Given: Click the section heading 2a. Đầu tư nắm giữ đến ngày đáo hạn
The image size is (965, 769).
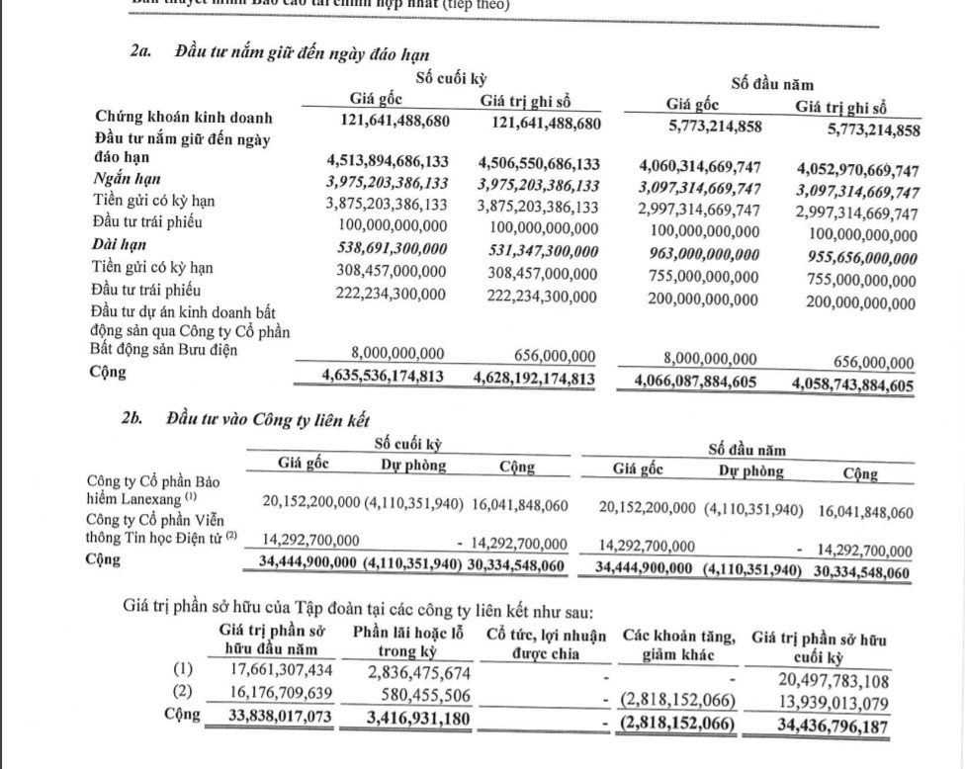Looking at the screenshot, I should coord(280,51).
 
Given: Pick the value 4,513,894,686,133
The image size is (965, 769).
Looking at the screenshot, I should coord(387,163).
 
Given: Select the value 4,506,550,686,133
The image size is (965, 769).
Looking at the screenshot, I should coord(538,163).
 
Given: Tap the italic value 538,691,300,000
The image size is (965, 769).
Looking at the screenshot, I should coord(386,247).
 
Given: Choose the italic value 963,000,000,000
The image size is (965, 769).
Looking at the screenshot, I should coord(704,254).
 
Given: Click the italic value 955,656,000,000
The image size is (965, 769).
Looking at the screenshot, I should coord(856,257).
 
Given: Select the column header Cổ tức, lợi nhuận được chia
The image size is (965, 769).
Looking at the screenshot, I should coord(546,643).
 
